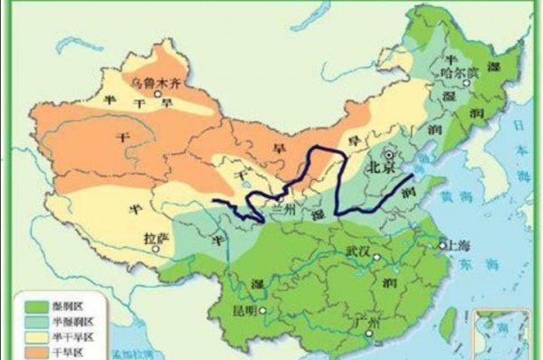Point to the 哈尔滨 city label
click(452, 71)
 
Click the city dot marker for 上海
click(443, 242)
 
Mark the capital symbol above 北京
click(390, 155)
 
